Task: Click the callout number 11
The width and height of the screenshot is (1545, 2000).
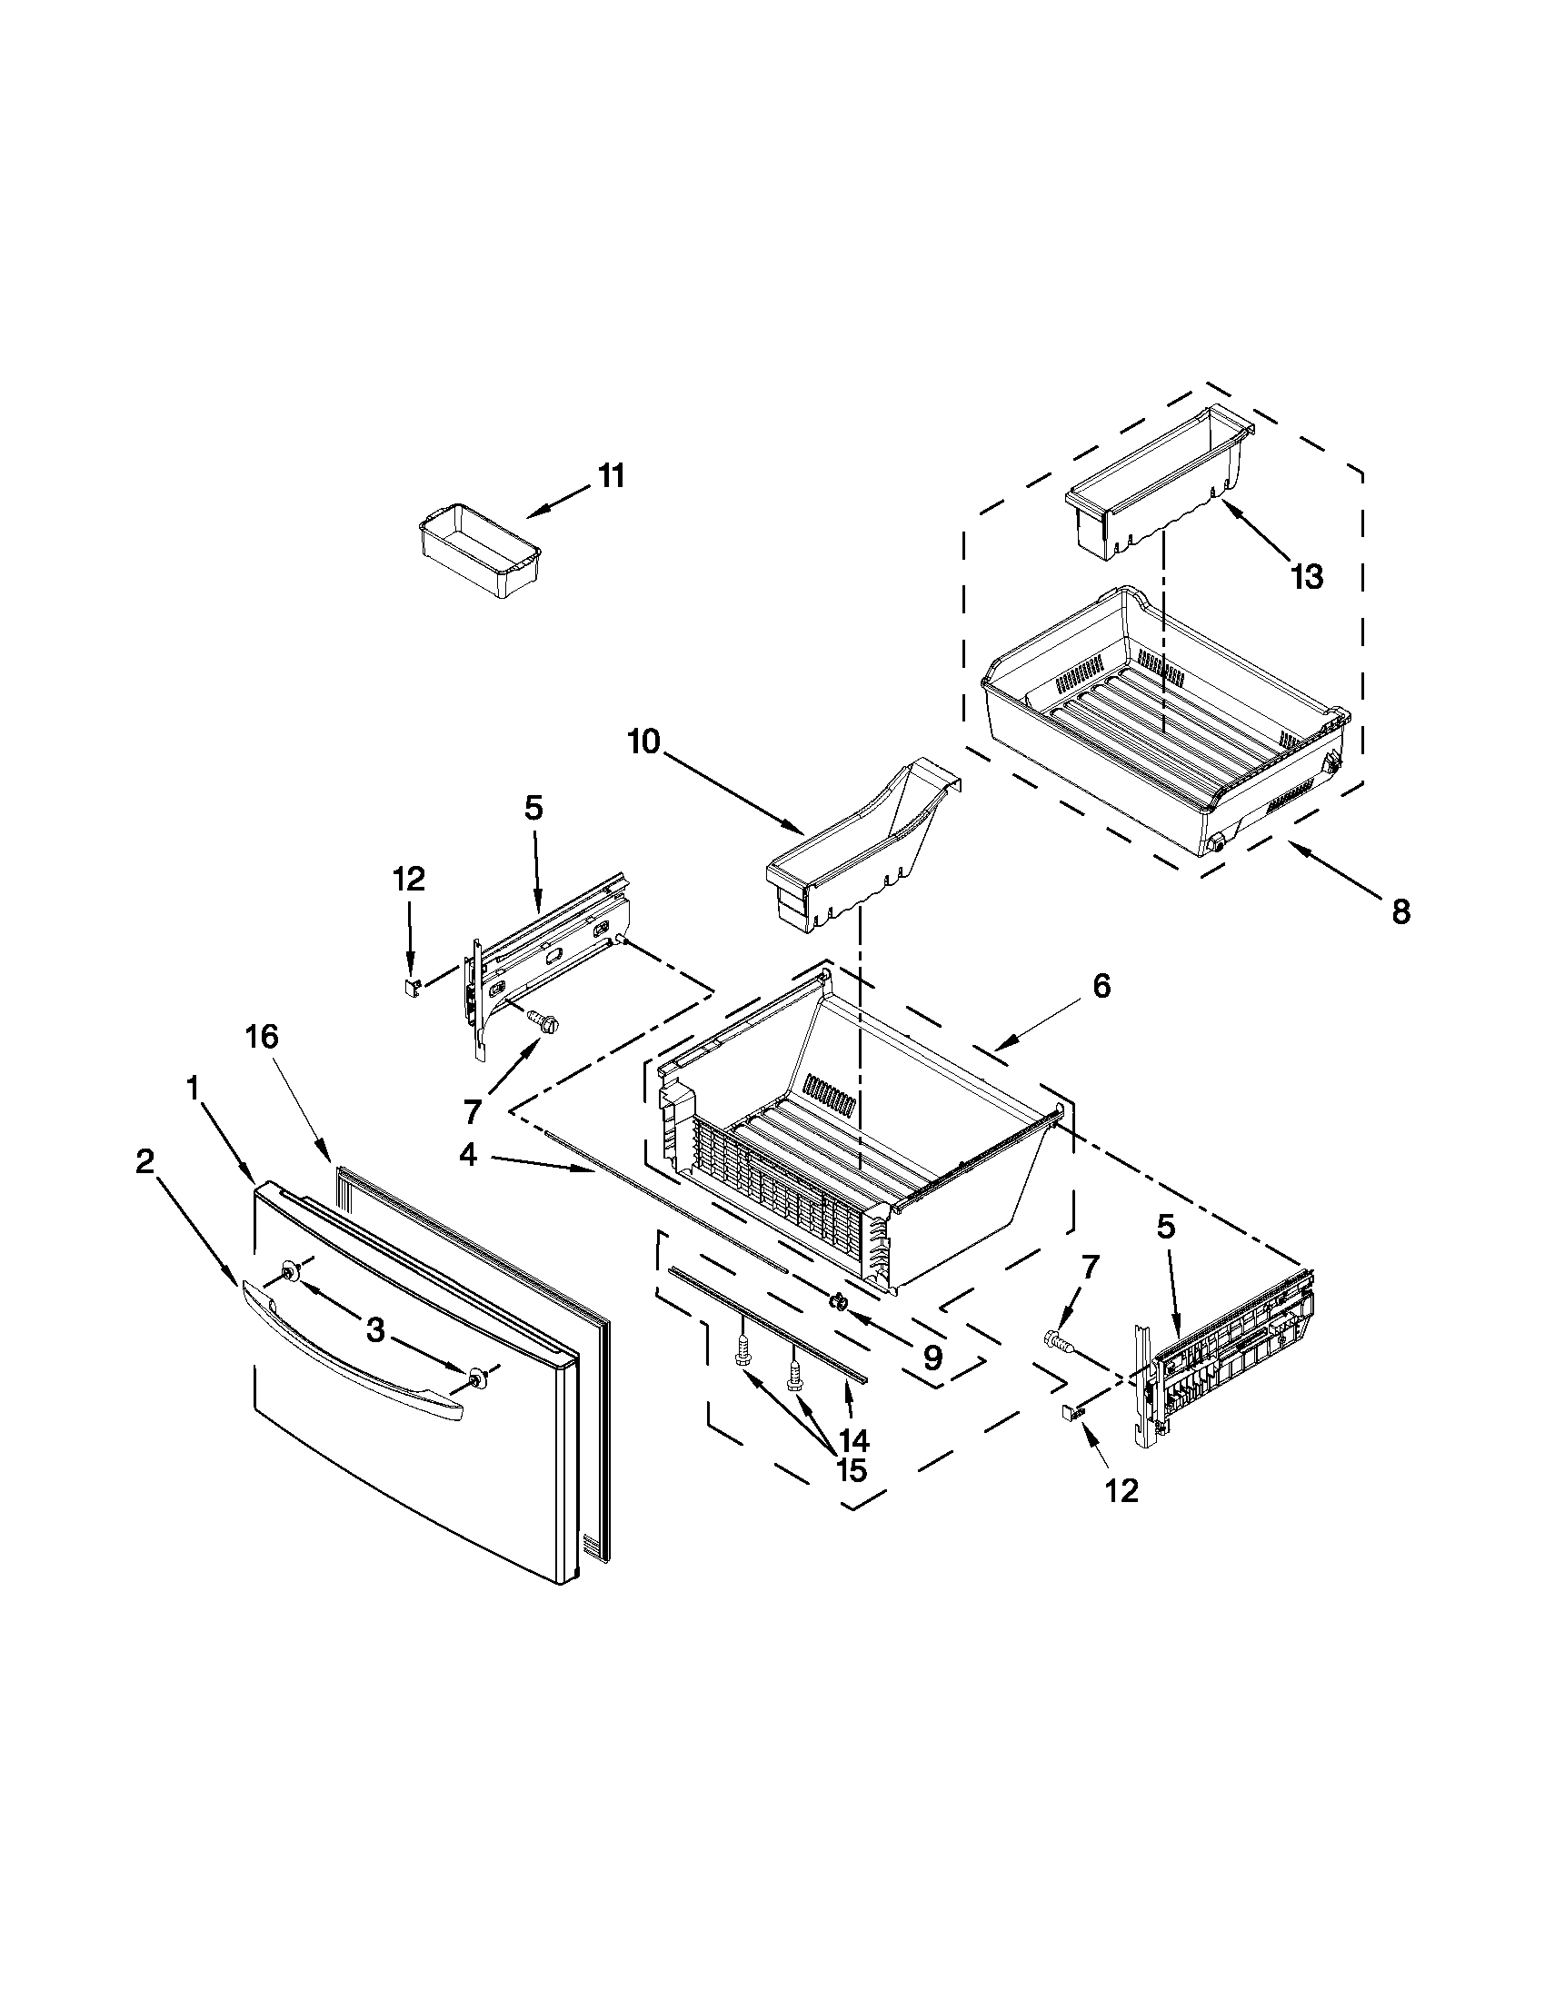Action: click(x=611, y=477)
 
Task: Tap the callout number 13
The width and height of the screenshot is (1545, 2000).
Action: click(x=1306, y=578)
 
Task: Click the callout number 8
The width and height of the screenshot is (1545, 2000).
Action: click(x=1400, y=913)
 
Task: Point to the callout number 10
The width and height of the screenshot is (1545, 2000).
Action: click(x=643, y=741)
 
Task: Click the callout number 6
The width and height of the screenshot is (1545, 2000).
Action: click(x=1101, y=986)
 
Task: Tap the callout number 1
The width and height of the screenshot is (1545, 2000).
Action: click(x=194, y=1089)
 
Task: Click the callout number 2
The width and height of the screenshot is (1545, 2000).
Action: click(x=145, y=1162)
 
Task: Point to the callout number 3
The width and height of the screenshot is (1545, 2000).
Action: click(x=375, y=1331)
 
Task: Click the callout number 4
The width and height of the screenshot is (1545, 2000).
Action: click(x=468, y=1156)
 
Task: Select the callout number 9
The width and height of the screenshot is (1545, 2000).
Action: click(x=932, y=1358)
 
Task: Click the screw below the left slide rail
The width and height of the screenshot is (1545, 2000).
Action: click(x=544, y=1023)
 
